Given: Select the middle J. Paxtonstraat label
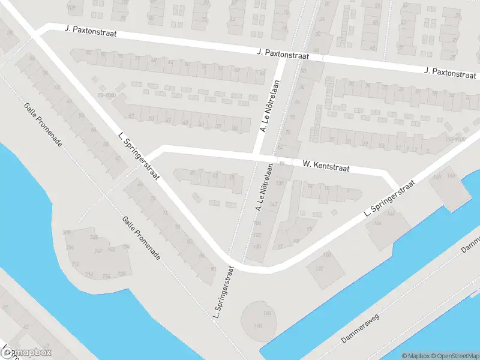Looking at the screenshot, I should coord(281,55).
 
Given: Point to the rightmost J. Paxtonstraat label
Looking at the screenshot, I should coord(449,71).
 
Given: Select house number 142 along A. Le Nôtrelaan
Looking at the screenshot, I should coord(274,205).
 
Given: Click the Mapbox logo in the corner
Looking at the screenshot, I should coord(26,352).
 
